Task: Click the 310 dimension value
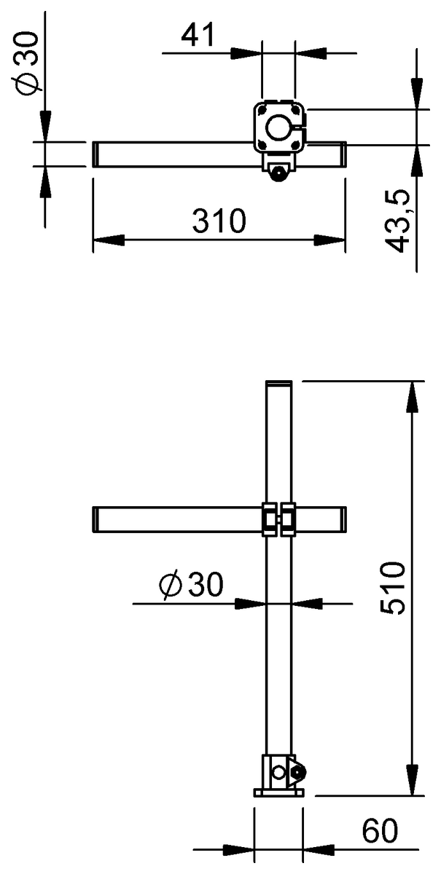tap(219, 221)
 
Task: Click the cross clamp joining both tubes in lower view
tap(278, 519)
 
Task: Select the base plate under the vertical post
tap(278, 792)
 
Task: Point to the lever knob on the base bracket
tap(298, 772)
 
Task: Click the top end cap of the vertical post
tap(278, 384)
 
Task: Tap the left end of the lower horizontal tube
tap(97, 519)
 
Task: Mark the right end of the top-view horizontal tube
tap(341, 155)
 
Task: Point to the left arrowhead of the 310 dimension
tap(105, 240)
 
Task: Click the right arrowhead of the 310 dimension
tap(333, 240)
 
